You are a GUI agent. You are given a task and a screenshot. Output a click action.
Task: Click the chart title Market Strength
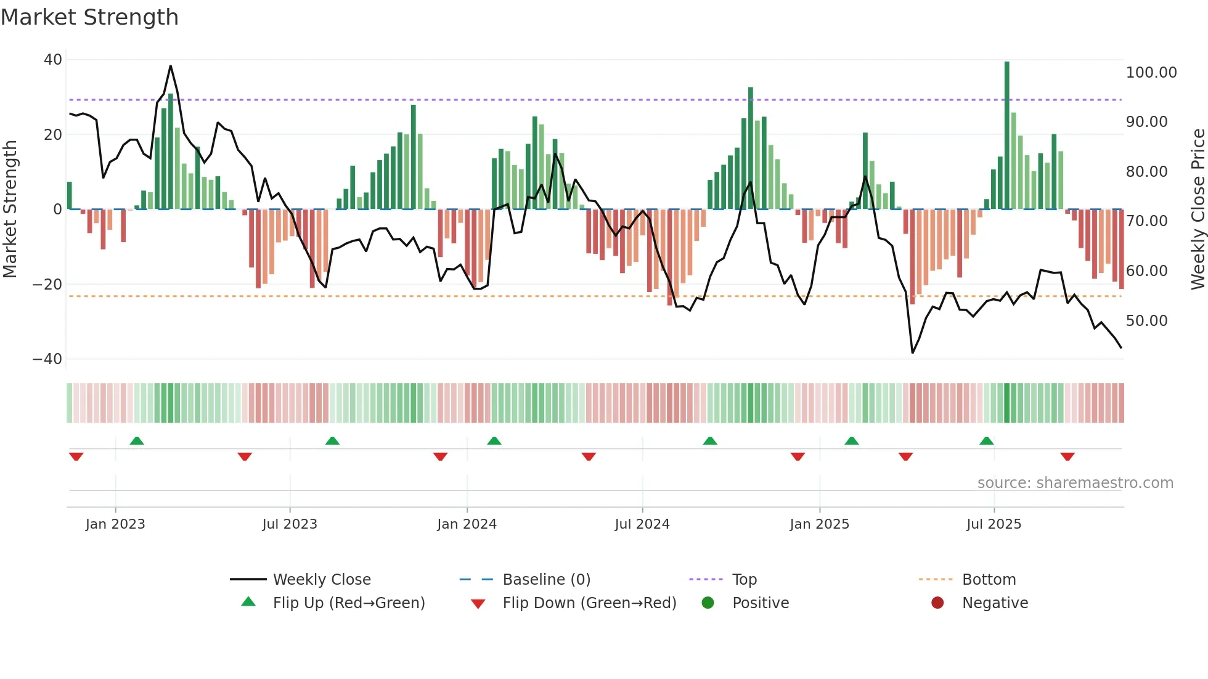click(89, 17)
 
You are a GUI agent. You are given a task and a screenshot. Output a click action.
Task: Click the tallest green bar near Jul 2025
click(1006, 136)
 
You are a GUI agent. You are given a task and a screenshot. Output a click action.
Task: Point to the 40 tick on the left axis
click(53, 60)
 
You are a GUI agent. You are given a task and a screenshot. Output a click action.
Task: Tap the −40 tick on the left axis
click(47, 359)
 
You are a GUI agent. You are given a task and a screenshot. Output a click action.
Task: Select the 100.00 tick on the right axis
click(1151, 73)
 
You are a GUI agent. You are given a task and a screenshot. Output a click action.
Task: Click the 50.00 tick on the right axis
click(1146, 321)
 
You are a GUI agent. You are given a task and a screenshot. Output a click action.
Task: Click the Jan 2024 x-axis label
click(467, 524)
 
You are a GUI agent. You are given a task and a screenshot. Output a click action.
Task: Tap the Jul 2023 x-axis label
click(289, 524)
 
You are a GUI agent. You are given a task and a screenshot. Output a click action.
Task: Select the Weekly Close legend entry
click(321, 580)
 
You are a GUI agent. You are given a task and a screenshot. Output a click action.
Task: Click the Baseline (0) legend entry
click(546, 580)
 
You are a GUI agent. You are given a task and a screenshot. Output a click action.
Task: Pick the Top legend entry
click(744, 580)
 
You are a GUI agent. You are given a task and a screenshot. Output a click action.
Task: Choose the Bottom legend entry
click(989, 580)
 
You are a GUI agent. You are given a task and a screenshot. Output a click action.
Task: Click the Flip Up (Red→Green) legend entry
click(348, 603)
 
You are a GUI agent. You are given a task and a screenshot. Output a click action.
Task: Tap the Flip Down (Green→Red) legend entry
click(589, 603)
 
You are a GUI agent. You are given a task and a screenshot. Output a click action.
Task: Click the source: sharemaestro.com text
click(1075, 483)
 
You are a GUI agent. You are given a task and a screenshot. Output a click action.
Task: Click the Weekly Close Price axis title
click(1198, 209)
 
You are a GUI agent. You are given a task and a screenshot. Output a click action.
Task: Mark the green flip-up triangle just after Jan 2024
click(494, 441)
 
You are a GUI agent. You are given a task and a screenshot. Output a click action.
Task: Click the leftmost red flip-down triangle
click(76, 457)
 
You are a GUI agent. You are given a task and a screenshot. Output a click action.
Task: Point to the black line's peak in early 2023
click(171, 66)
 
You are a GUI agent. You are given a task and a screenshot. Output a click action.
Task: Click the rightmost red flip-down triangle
click(1067, 457)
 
